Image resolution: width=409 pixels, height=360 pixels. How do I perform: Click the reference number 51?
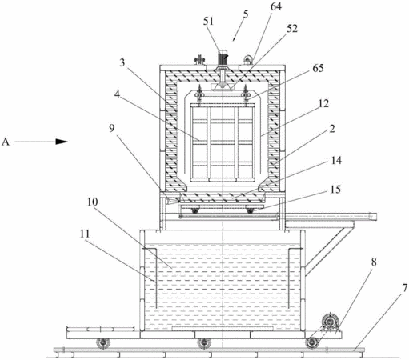tap(208, 21)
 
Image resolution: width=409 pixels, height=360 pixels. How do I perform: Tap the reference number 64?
tap(276, 6)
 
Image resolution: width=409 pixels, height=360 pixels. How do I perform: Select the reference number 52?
tap(292, 28)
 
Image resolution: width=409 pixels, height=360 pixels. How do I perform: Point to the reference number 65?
tap(318, 68)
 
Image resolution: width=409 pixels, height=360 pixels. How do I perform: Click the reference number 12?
tap(324, 103)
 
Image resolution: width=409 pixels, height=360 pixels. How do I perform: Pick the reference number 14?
tap(336, 160)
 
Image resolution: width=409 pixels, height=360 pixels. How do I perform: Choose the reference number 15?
tap(335, 189)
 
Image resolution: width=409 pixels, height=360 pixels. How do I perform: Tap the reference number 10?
tap(93, 202)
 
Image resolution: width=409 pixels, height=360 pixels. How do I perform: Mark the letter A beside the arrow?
tap(6, 142)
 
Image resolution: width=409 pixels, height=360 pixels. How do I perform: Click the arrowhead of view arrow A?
tap(62, 142)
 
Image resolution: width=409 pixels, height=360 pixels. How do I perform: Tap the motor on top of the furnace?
tap(223, 58)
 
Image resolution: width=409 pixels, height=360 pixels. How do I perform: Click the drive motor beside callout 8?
tap(330, 322)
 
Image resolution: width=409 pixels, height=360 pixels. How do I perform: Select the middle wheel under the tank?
tap(204, 343)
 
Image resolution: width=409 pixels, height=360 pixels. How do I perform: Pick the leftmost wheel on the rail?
tap(103, 343)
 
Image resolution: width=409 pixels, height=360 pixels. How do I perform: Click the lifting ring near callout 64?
tap(248, 59)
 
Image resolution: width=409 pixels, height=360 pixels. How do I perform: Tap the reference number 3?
tap(122, 62)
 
